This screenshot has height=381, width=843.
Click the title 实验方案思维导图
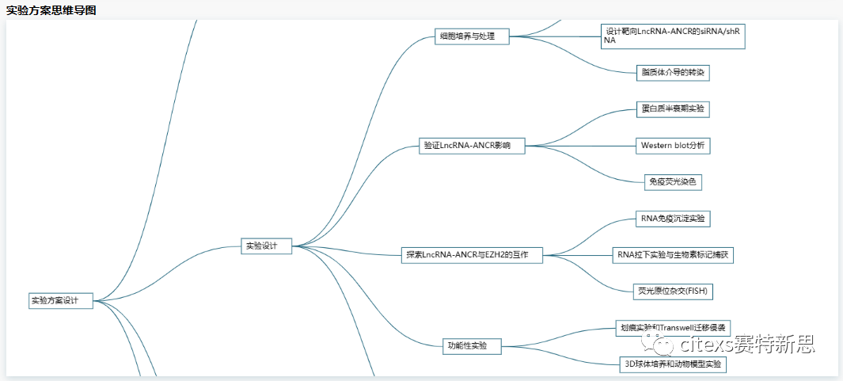coord(52,10)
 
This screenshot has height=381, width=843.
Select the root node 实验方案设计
coord(60,300)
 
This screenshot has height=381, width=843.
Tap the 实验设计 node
coord(266,246)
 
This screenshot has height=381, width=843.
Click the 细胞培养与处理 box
coord(472,36)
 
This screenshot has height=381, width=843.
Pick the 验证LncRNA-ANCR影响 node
coord(472,146)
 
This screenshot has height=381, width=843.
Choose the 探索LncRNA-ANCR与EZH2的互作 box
coord(473,255)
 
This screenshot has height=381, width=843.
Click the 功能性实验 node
coord(472,346)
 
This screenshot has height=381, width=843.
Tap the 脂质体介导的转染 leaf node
coord(672,73)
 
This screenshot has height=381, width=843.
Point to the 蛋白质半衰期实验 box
coord(673,109)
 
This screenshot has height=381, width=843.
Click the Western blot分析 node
coord(673,146)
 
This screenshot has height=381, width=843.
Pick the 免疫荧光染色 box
coord(672,182)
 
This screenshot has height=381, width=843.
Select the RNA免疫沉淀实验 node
coord(672,218)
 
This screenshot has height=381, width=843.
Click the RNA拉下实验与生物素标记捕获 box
coord(674,255)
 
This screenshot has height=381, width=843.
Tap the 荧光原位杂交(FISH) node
coord(673,291)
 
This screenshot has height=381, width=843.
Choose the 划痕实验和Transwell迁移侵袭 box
coord(673,328)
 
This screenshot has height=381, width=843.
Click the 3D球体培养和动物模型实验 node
coord(672,365)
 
